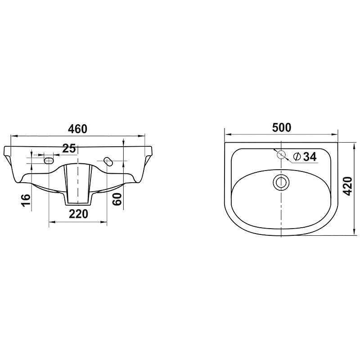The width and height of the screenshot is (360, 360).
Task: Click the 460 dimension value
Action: (77, 129)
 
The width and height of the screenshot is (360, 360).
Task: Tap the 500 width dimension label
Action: (282, 128)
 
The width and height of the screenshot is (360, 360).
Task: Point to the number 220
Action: (78, 214)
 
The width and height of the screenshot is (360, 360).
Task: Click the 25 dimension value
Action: (69, 148)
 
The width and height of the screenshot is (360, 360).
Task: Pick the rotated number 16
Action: (26, 200)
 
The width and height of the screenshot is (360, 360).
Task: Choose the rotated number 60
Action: (117, 199)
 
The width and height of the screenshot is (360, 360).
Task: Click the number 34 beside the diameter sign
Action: (310, 157)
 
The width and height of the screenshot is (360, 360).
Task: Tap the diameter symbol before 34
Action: (297, 157)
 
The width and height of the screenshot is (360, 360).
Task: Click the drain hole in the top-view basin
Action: (281, 183)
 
